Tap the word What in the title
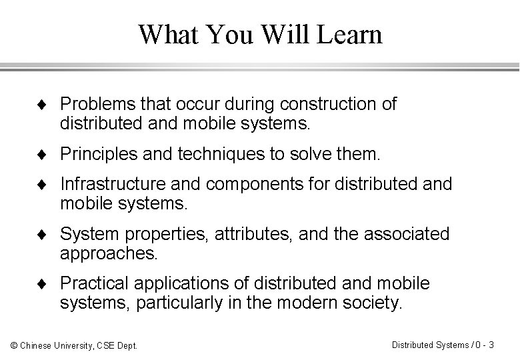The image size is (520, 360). point(167,35)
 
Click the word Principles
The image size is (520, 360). point(97,155)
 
